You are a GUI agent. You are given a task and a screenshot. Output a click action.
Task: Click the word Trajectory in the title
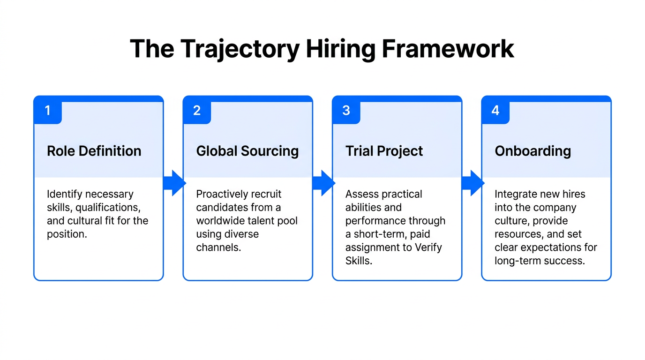click(x=239, y=49)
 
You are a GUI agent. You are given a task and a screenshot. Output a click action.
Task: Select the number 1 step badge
click(x=47, y=111)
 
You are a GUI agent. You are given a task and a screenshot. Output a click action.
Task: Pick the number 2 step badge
click(x=197, y=111)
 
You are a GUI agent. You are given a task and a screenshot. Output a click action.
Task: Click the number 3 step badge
click(x=346, y=111)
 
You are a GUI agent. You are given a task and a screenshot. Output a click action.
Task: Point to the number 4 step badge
click(x=495, y=111)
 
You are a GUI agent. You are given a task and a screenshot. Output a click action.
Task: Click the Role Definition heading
click(x=94, y=151)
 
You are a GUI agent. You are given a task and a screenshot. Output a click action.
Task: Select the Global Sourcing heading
click(x=247, y=151)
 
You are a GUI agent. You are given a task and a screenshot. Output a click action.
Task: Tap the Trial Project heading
click(x=384, y=151)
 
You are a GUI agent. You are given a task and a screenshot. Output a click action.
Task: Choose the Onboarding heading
click(x=532, y=151)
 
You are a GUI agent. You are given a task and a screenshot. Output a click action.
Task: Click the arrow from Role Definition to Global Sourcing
click(x=174, y=183)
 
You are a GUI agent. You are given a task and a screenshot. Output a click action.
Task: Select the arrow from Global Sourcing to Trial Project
click(x=323, y=183)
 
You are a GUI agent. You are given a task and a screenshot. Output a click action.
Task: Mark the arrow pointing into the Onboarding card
click(x=472, y=183)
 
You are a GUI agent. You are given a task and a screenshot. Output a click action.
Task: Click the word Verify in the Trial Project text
click(x=428, y=247)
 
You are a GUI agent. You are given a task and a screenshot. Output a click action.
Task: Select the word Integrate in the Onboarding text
click(x=516, y=194)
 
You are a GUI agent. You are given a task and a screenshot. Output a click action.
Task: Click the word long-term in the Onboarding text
click(x=514, y=261)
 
